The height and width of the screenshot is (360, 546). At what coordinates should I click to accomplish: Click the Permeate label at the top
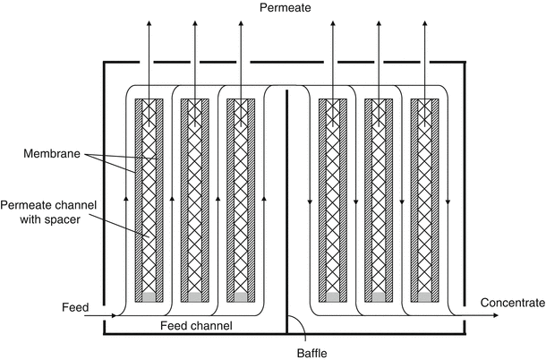point(285,8)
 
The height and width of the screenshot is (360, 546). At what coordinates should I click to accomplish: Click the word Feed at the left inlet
point(75,307)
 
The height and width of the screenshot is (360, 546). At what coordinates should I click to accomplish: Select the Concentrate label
point(512,303)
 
